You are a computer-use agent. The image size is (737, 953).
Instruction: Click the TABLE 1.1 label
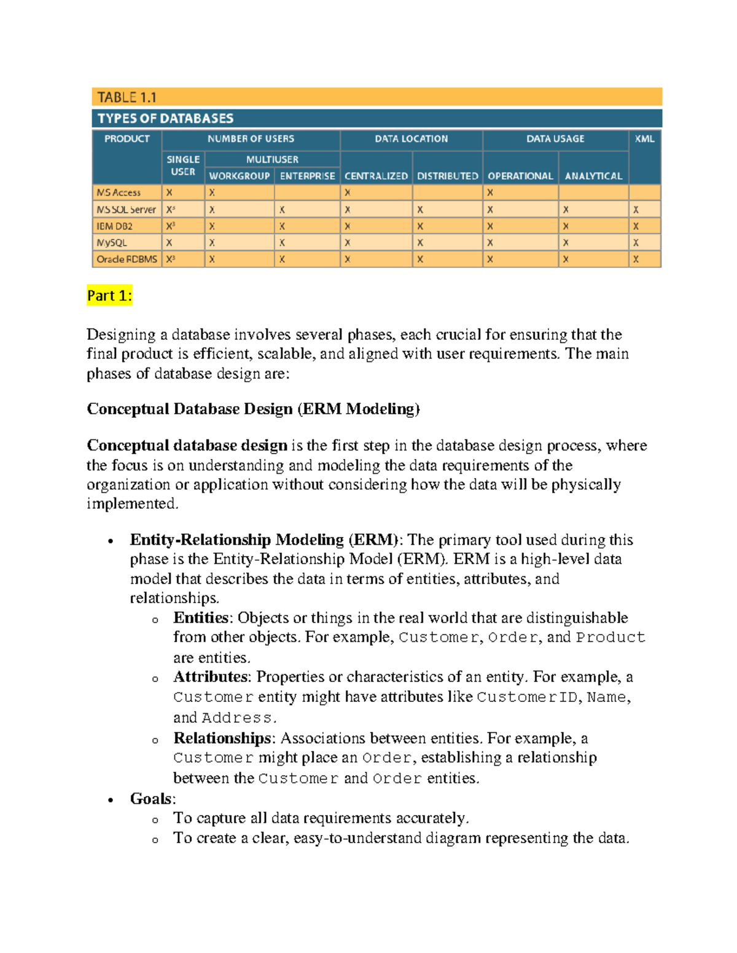(x=127, y=97)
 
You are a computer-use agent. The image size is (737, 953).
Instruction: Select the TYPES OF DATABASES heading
(x=165, y=118)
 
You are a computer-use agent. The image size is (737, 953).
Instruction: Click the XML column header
(x=644, y=139)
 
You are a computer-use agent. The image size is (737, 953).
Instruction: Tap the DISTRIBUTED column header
(x=447, y=176)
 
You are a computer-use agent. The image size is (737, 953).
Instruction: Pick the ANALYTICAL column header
(x=593, y=176)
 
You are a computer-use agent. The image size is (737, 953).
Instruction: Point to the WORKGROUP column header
(x=239, y=176)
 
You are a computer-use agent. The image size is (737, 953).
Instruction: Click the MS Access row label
(x=119, y=193)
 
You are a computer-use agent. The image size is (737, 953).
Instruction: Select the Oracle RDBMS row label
(x=127, y=260)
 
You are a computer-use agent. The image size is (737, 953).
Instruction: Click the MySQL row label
(x=112, y=243)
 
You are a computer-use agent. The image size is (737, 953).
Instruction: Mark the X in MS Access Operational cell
(x=490, y=193)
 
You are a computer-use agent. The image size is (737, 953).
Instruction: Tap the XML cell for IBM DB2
(x=636, y=226)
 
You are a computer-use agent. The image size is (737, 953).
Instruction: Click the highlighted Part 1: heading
(x=109, y=296)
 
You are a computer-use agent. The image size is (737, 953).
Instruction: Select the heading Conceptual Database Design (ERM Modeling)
(x=253, y=409)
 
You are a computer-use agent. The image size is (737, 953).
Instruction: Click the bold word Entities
(x=201, y=617)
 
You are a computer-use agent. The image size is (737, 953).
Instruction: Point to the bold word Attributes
(x=211, y=677)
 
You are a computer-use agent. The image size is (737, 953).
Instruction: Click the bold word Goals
(x=151, y=798)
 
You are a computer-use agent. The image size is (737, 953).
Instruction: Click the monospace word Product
(x=610, y=638)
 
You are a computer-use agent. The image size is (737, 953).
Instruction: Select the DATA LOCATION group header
(x=411, y=139)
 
